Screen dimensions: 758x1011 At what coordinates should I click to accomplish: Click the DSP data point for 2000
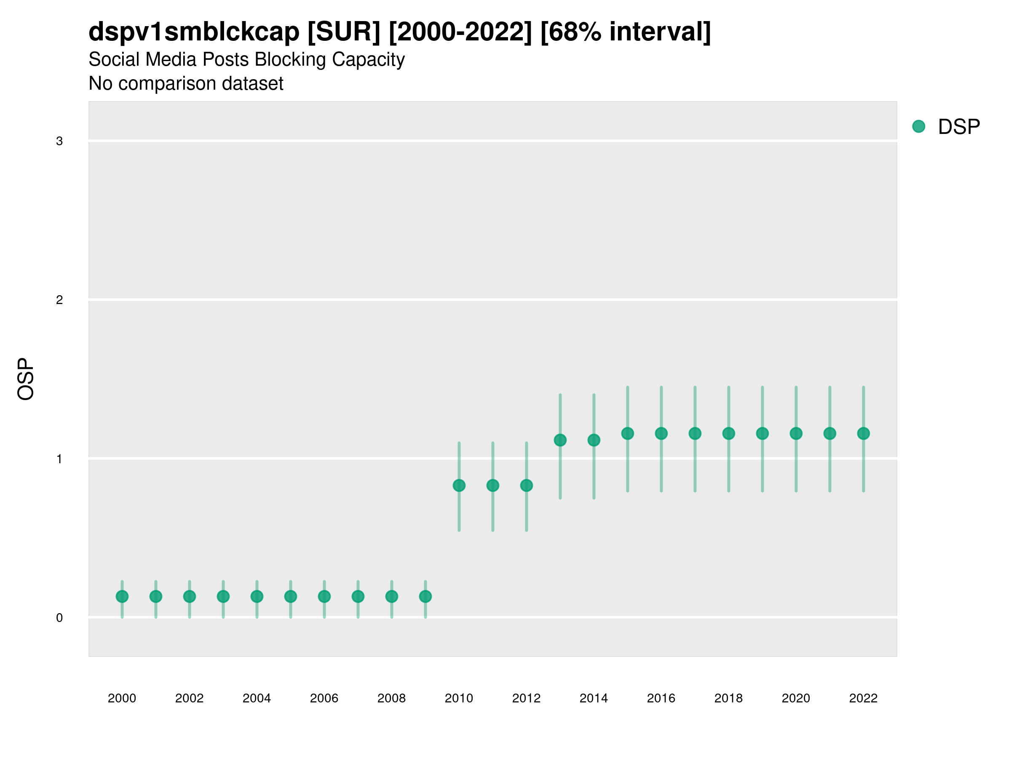tap(122, 596)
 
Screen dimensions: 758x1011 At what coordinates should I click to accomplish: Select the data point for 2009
tap(425, 596)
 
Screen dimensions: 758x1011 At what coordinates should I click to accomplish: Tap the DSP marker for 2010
tap(459, 485)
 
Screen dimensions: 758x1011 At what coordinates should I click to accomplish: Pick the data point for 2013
tap(560, 440)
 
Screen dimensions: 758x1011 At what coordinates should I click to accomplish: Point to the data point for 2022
tap(864, 433)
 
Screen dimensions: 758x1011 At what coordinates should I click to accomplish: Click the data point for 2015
tap(628, 433)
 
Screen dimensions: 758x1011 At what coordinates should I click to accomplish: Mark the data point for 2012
tap(527, 485)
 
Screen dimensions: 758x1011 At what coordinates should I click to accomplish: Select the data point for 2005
tap(291, 596)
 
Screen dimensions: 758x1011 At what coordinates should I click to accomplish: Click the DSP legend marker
tap(919, 127)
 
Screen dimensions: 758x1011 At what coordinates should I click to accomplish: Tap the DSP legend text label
tap(959, 127)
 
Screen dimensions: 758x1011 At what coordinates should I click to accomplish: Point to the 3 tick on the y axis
tap(59, 141)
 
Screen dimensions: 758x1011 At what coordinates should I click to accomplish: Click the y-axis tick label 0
tap(59, 618)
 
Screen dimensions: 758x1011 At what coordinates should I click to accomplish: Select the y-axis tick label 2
tap(59, 300)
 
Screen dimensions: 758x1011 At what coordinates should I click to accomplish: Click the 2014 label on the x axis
tap(594, 698)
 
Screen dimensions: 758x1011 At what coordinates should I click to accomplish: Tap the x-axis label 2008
tap(392, 698)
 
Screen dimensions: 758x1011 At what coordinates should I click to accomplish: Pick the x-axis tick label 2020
tap(796, 698)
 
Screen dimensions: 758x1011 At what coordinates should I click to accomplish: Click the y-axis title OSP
tap(26, 379)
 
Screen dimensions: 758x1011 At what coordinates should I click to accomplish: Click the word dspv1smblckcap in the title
tap(194, 32)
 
